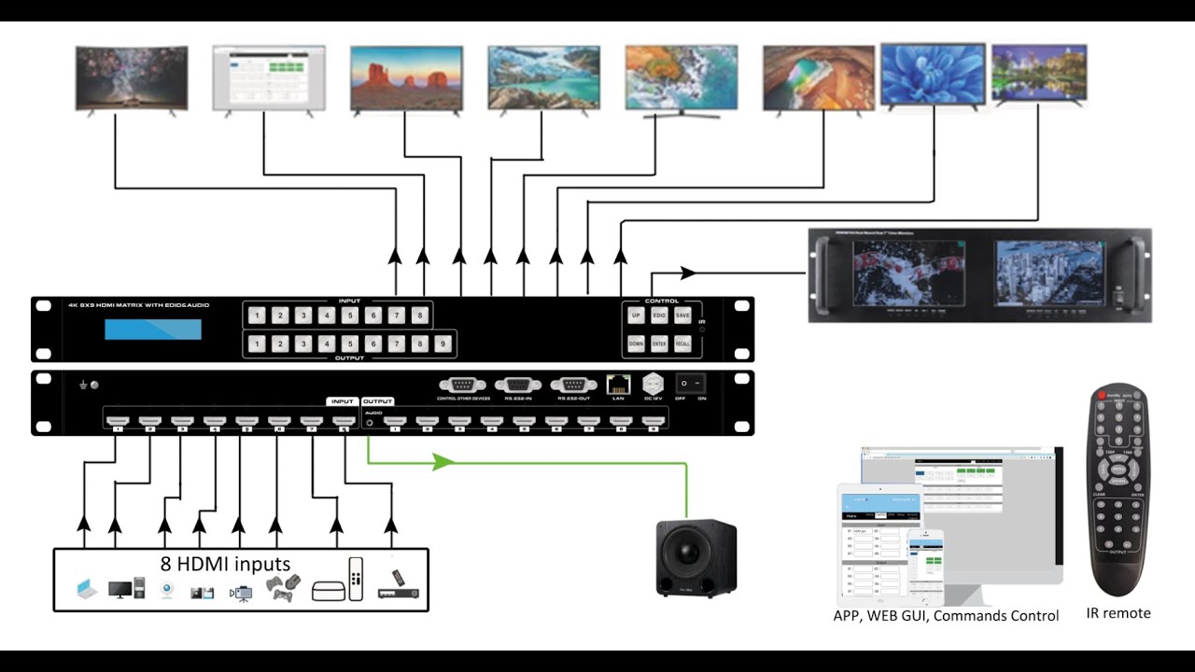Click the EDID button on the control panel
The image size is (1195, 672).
pos(659,316)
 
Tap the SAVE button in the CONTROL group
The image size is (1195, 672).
pos(682,316)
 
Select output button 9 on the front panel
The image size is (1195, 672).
pos(443,344)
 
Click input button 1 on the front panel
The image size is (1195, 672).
pos(257,315)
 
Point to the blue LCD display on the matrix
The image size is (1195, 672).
pos(153,329)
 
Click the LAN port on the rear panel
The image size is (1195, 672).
pos(617,384)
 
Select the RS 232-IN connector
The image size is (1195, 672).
pos(518,384)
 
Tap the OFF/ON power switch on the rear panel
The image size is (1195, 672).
pos(690,384)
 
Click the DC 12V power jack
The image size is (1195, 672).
pos(654,384)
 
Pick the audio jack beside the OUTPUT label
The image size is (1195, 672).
pos(371,422)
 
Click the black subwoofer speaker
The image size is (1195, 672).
pos(695,558)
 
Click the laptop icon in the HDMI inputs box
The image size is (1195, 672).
pos(86,589)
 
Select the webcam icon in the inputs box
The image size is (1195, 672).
pos(167,590)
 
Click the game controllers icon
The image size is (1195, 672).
pos(283,587)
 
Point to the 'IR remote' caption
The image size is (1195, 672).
pos(1118,613)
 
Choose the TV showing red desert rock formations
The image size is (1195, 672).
pos(406,79)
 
